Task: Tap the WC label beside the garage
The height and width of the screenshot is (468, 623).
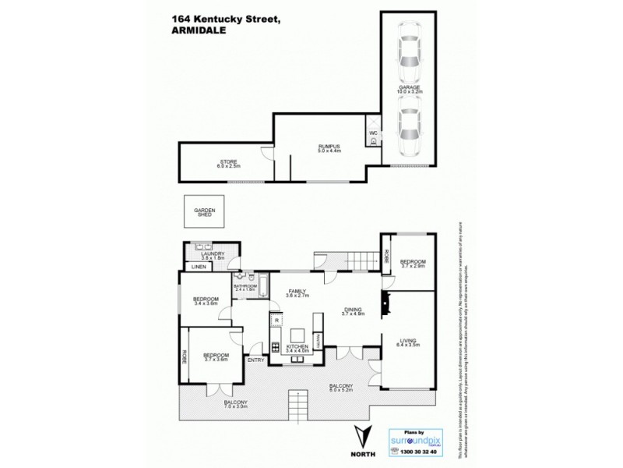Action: click(373, 133)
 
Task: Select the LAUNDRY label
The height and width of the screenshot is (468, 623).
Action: click(213, 253)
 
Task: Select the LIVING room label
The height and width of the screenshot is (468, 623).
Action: click(409, 341)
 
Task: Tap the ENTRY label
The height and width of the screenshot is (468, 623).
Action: click(255, 360)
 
